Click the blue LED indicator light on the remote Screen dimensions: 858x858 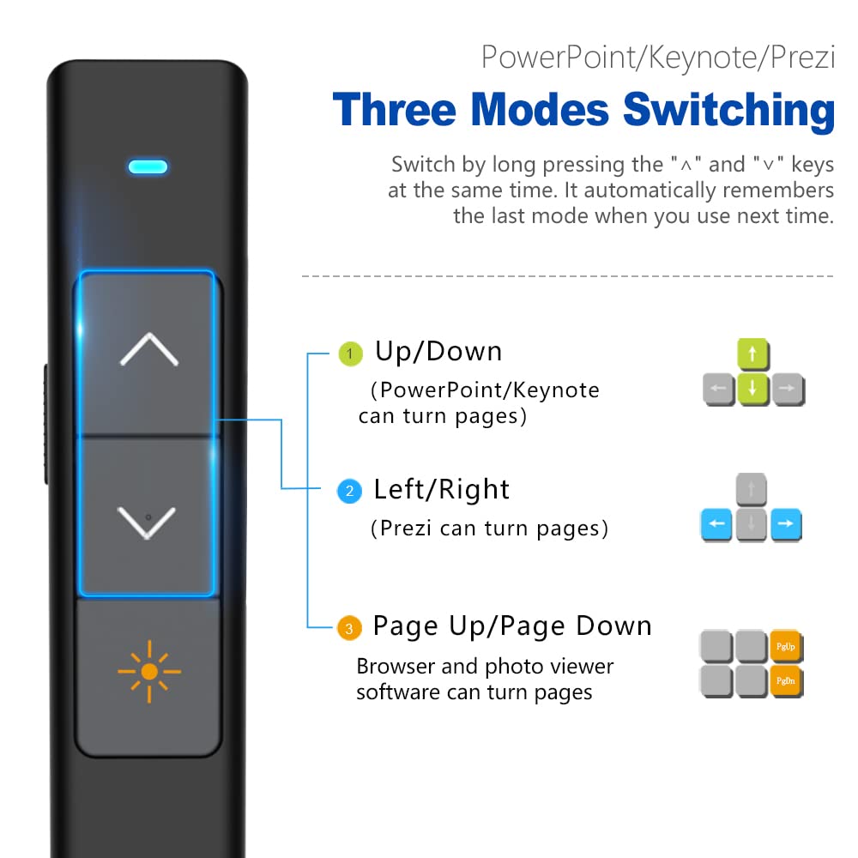coord(148,166)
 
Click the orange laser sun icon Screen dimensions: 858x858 coord(149,672)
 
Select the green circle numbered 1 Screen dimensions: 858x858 coord(349,353)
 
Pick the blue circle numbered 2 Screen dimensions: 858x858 coord(349,492)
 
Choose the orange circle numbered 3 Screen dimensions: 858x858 coord(348,629)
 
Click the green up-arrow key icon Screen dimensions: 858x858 coord(752,354)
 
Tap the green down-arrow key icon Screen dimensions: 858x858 coord(752,389)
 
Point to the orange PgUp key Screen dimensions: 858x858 coord(786,646)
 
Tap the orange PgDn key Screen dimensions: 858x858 coord(786,681)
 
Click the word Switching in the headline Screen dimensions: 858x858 coord(728,112)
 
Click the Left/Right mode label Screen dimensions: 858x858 coord(441,490)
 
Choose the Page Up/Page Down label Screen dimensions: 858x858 coord(511,626)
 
